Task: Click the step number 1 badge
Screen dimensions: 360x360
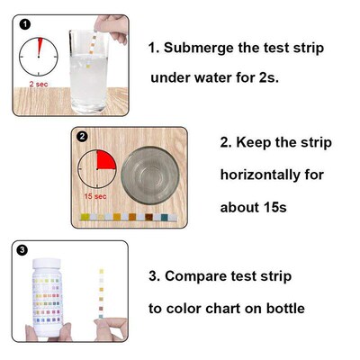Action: click(x=24, y=25)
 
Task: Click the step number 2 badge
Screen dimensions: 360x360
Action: click(x=83, y=137)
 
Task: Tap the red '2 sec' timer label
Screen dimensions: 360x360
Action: click(x=39, y=84)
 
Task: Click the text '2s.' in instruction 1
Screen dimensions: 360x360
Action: click(x=267, y=78)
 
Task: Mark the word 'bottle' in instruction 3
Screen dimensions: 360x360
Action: click(x=283, y=308)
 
